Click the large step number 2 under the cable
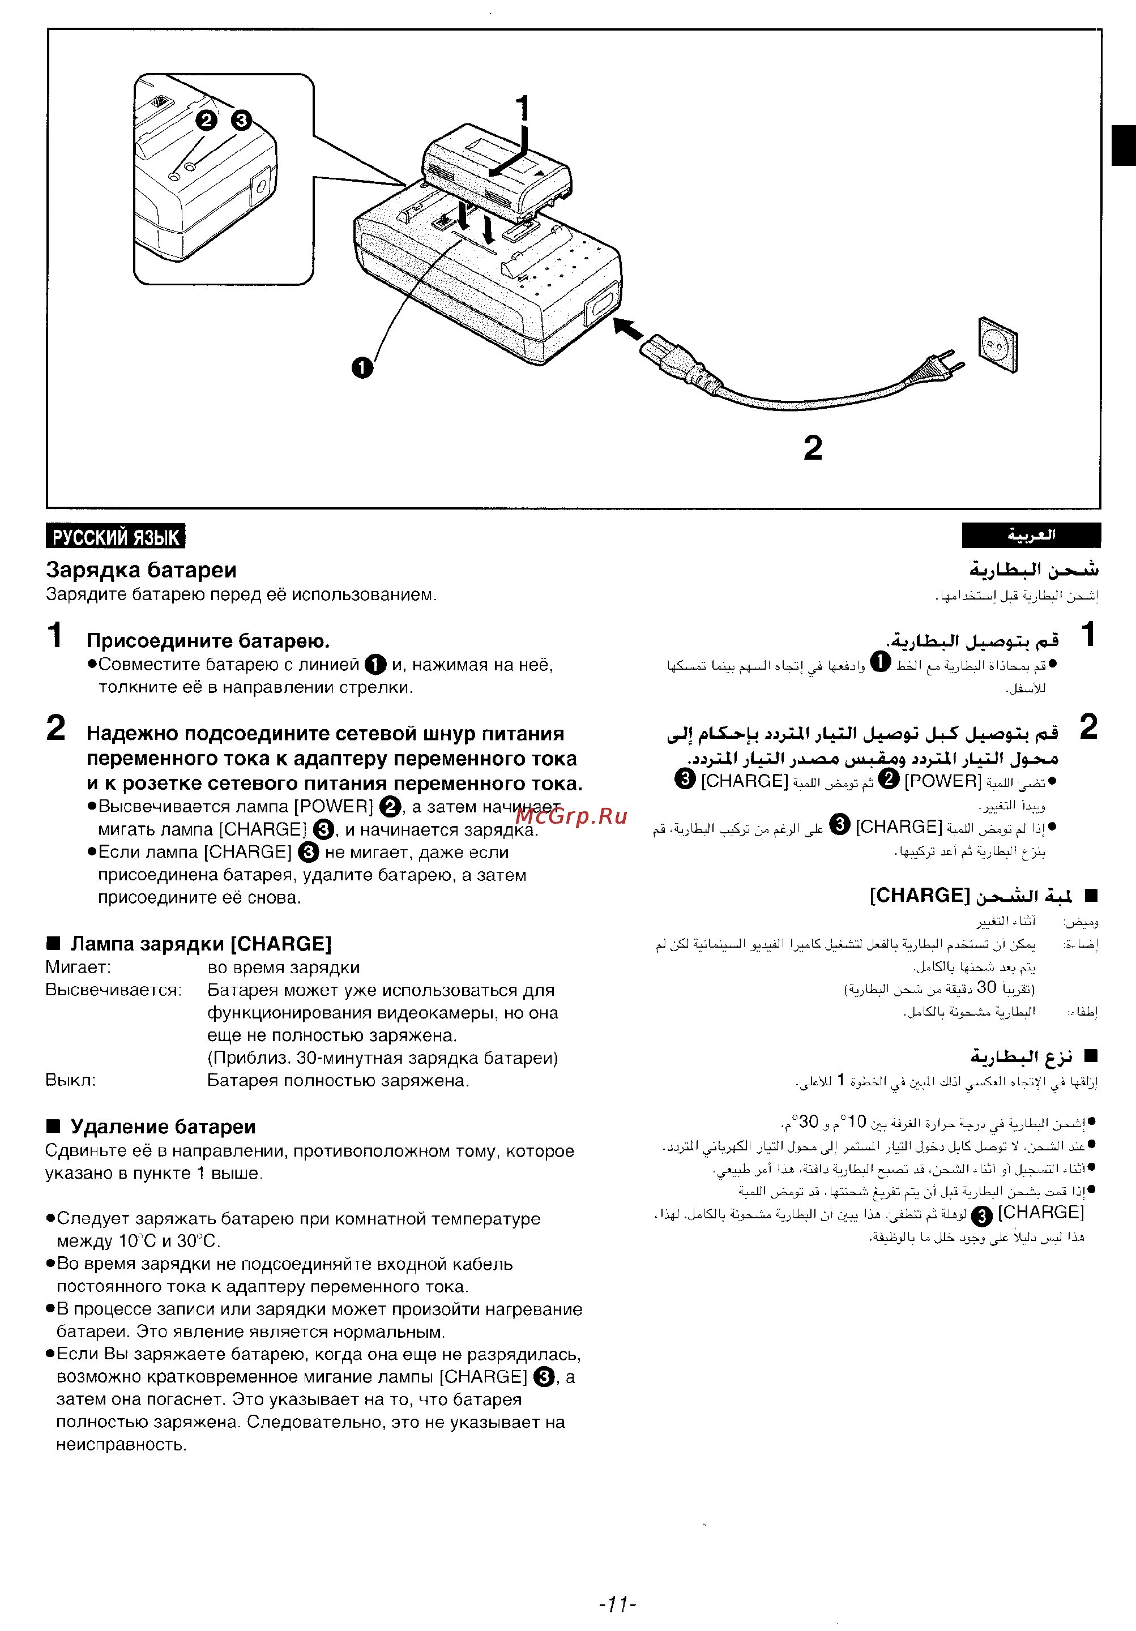coord(813,448)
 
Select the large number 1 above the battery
coord(522,109)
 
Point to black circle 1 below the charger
coord(362,367)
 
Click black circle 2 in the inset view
coord(206,120)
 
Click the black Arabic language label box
coord(1031,536)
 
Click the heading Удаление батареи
coord(163,1126)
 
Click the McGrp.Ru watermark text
coord(572,816)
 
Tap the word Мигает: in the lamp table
coord(78,968)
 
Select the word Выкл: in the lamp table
coord(70,1081)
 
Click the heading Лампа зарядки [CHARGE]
coord(200,944)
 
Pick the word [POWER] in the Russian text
coord(334,806)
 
